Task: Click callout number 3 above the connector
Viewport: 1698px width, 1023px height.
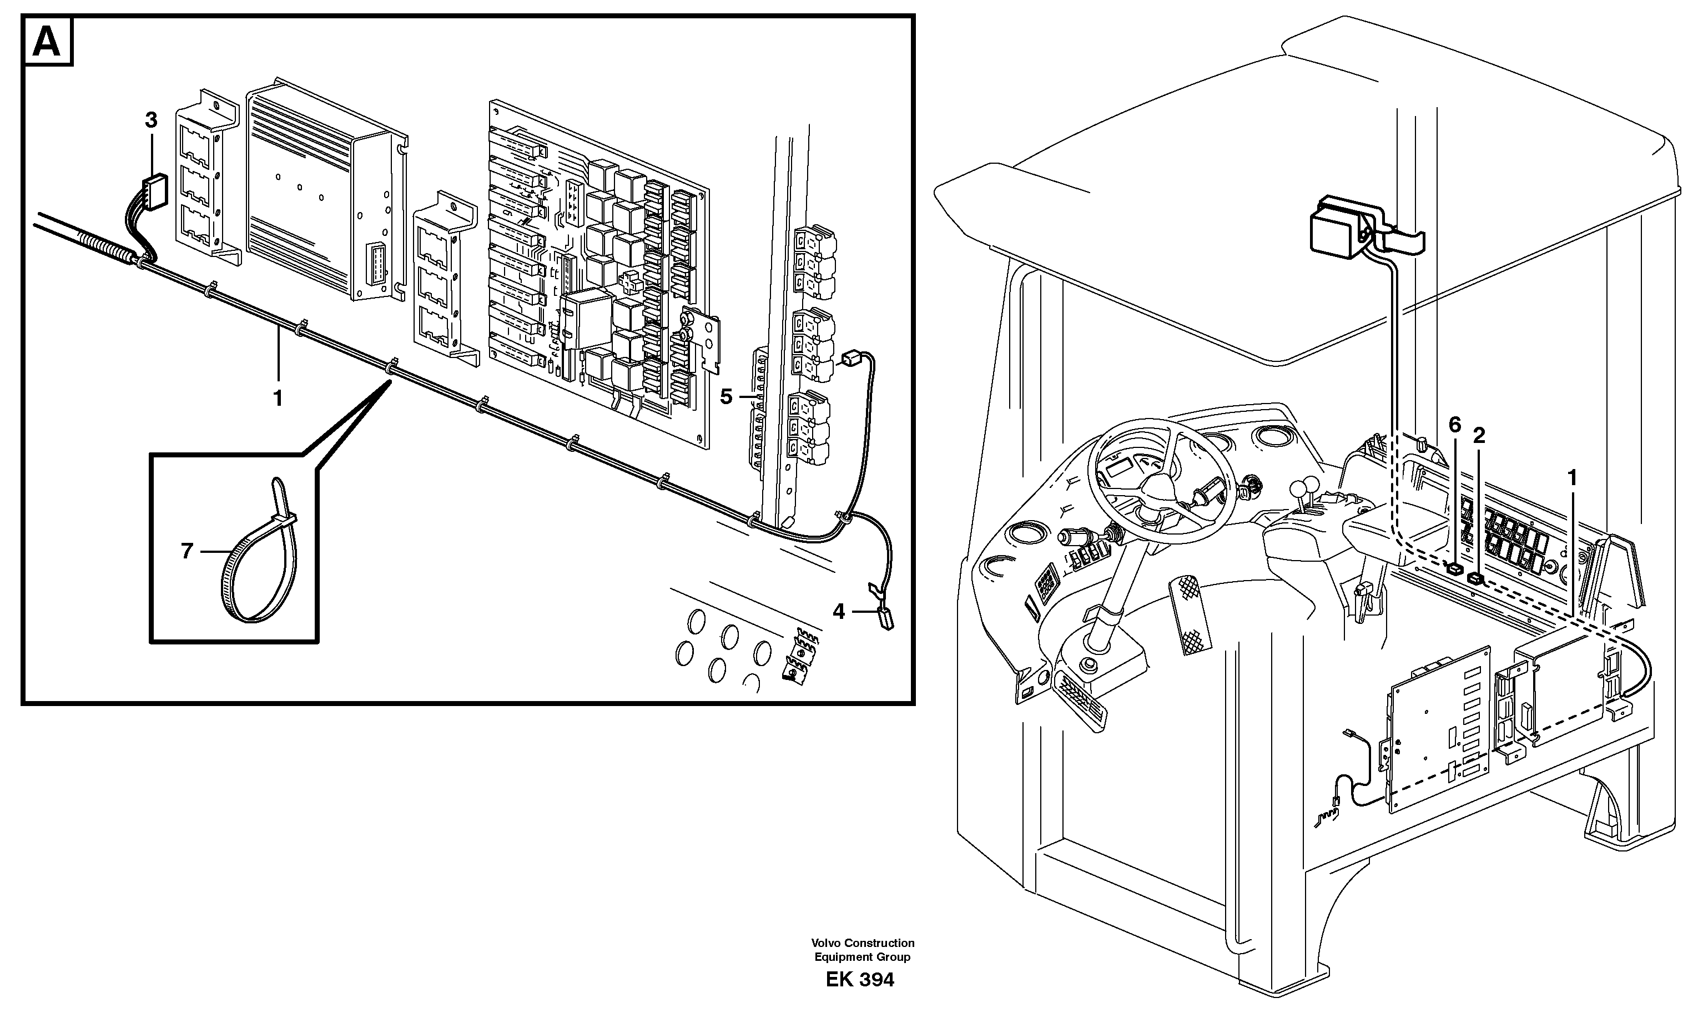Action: tap(151, 120)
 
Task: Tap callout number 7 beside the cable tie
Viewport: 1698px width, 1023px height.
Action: tap(187, 551)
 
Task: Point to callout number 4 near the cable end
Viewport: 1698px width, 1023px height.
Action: tap(838, 611)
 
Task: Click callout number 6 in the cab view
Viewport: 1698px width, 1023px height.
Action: tap(1455, 425)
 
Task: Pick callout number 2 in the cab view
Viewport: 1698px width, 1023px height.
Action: tap(1479, 435)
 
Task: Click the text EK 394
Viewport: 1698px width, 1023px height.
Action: tap(859, 980)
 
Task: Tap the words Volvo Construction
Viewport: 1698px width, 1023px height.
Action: tap(862, 943)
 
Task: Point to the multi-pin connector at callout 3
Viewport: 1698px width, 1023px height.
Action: tap(154, 191)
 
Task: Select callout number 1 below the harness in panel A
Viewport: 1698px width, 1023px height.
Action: tap(279, 398)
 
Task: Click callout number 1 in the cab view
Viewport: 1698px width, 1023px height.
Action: tap(1572, 477)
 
